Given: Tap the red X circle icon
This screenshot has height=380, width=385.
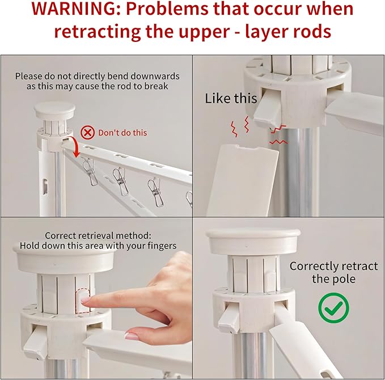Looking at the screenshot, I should coord(87,132).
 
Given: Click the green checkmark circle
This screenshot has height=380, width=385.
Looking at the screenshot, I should coord(333,308).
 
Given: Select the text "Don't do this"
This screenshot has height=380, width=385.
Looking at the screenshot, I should coord(122,133).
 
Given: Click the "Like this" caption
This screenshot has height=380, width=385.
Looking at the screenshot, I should coord(231,98).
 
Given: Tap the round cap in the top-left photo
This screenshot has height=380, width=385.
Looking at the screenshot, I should coord(54,110).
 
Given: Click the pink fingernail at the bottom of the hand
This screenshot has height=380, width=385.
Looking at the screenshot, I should coord(132,336).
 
